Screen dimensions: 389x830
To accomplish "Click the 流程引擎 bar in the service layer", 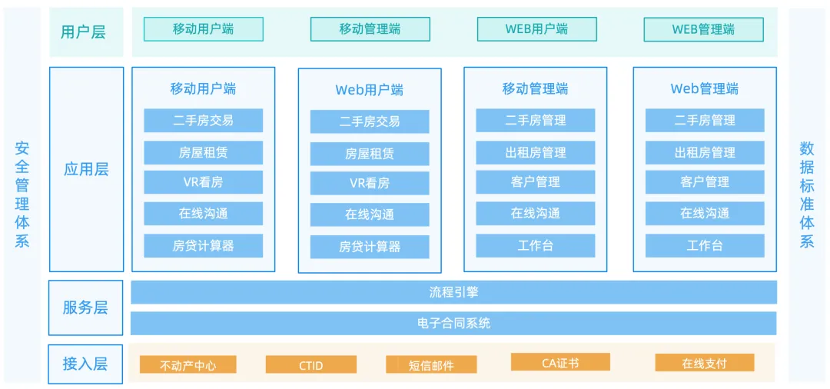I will (x=453, y=292).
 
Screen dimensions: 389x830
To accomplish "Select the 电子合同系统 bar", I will (x=453, y=323).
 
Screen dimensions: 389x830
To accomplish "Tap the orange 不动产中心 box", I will (x=188, y=364).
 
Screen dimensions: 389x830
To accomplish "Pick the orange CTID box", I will (x=310, y=364).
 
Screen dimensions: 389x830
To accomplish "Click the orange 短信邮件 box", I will (x=431, y=364).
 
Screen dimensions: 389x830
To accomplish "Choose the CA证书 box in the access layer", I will (x=559, y=362).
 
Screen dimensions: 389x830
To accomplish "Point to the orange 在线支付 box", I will (x=704, y=363).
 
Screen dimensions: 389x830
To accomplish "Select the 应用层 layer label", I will (x=86, y=169).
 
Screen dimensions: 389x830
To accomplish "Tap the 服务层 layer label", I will (x=85, y=308).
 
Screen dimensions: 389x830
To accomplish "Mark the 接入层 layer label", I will (x=85, y=364).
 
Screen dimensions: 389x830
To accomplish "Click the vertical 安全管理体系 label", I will (x=22, y=194).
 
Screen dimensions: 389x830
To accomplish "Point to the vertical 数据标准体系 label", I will (x=806, y=194).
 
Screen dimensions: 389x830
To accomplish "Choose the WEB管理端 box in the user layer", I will (x=703, y=29).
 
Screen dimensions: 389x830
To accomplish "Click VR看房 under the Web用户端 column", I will (x=370, y=183).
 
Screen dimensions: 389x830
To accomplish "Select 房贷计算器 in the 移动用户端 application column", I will (x=203, y=246).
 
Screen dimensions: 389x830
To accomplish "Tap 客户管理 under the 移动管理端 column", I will (x=535, y=182).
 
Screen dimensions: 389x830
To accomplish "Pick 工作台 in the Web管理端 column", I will (x=704, y=246).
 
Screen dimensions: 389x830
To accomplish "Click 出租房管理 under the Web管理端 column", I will (x=704, y=152).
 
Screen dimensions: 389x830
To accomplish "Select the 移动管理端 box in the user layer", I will (x=370, y=29).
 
